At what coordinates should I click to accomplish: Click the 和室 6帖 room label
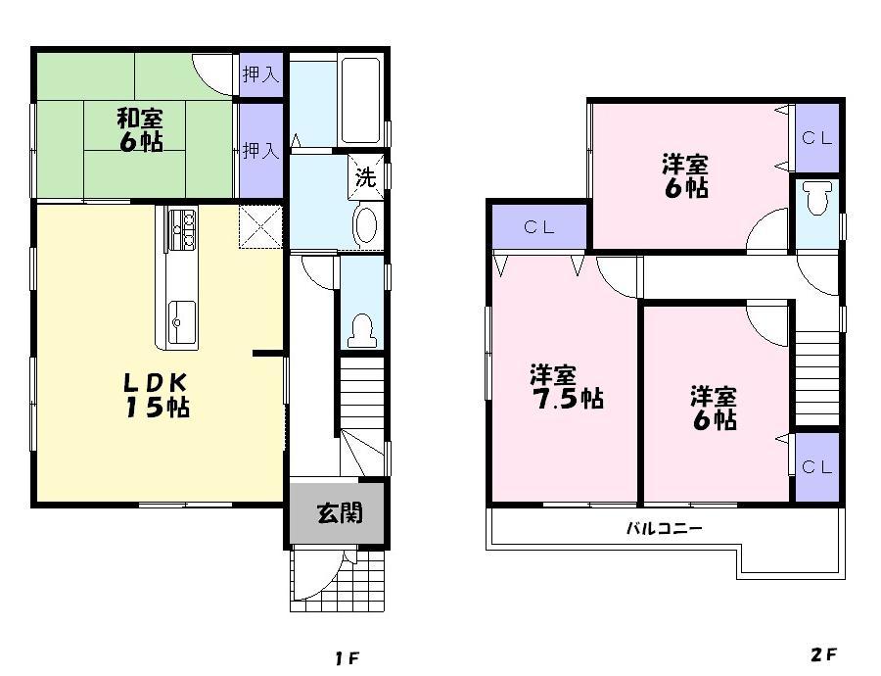140,129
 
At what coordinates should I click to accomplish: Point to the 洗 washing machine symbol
365,177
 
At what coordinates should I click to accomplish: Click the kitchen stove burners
181,230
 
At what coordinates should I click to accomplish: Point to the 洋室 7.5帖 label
566,386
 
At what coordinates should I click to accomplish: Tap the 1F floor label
348,657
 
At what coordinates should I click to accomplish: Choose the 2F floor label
823,654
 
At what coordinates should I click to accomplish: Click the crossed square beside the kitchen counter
261,226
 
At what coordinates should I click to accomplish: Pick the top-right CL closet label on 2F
817,138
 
